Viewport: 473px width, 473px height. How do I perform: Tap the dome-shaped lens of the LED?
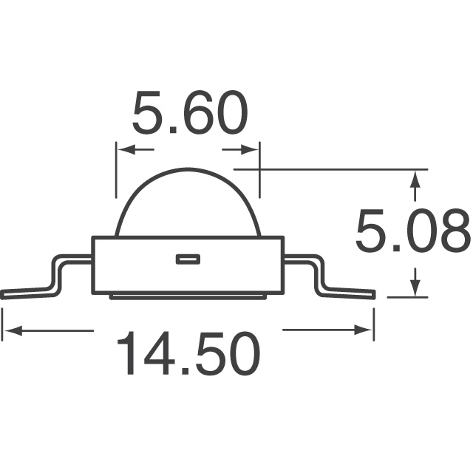pyautogui.click(x=188, y=203)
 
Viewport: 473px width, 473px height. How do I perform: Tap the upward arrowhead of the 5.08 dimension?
pyautogui.click(x=415, y=178)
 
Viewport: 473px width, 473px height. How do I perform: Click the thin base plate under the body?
pyautogui.click(x=188, y=296)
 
